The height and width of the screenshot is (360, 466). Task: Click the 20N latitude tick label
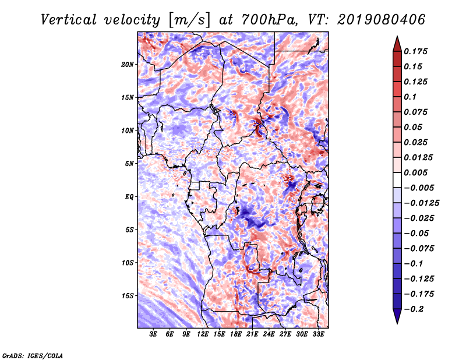click(128, 65)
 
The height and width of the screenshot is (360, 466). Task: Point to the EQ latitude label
click(129, 197)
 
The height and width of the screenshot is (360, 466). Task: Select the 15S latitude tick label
click(128, 296)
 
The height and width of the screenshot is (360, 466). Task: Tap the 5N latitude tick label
click(129, 164)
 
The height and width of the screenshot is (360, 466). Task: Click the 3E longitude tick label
click(153, 334)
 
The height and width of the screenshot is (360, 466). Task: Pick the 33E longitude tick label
click(318, 334)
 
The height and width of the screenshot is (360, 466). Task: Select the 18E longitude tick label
click(236, 334)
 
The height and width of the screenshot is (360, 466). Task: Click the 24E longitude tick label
click(269, 334)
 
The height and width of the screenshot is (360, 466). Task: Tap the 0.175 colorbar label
click(415, 51)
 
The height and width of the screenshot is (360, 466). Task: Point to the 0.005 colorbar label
click(415, 172)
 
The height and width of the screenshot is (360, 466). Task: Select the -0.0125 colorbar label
click(421, 203)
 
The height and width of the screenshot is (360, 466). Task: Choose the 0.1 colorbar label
click(410, 97)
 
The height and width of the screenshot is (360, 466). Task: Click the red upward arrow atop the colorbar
click(397, 44)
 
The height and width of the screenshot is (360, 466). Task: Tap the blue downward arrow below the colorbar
click(397, 316)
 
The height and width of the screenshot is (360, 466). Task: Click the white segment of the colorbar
click(397, 180)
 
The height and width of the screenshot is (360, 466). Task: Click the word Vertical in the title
click(69, 20)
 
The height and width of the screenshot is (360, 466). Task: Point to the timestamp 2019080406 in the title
click(381, 20)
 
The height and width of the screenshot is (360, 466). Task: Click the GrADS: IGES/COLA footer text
click(33, 355)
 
